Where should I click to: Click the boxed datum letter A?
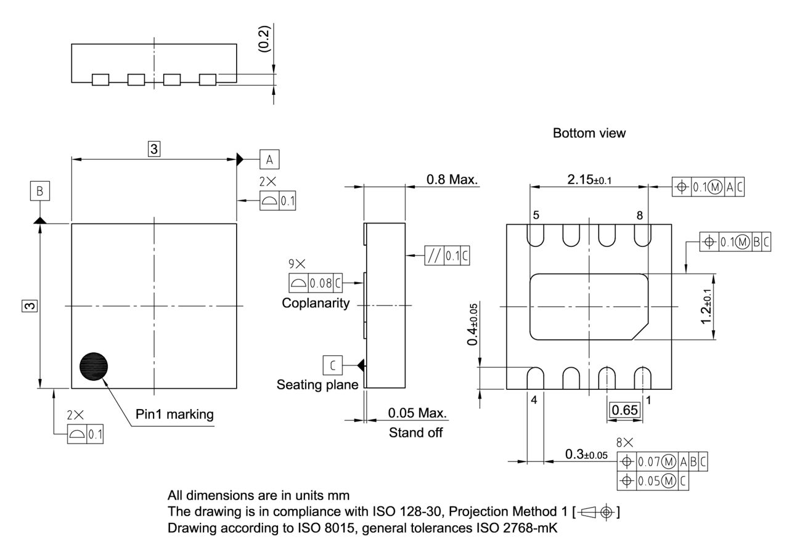pos(269,160)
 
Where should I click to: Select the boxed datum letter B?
pos(40,192)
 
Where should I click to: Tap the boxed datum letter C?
pos(333,365)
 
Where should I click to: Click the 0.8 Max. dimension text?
pos(452,179)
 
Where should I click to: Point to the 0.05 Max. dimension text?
pos(417,412)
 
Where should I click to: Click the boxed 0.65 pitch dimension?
pos(625,410)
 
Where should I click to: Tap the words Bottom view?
pos(589,133)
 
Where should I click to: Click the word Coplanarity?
pos(316,303)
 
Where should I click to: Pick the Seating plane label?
pos(317,385)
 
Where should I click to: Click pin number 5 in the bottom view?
pos(536,216)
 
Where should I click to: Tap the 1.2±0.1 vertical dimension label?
pos(707,307)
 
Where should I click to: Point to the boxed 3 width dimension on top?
pos(154,148)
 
